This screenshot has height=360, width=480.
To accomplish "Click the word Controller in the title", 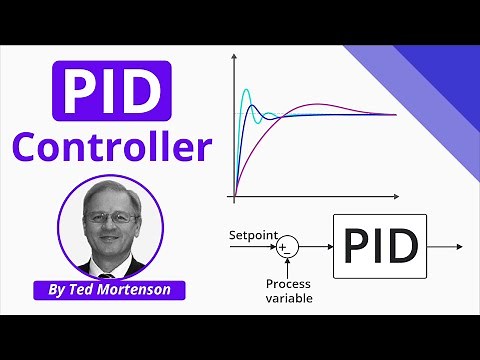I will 118,148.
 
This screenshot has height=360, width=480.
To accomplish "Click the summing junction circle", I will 287,246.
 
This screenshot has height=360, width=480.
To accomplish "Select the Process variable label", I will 288,290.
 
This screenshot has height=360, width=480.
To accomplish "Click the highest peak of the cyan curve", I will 245,91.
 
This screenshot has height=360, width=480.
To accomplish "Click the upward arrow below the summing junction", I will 287,266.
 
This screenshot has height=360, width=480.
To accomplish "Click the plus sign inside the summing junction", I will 283,244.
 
